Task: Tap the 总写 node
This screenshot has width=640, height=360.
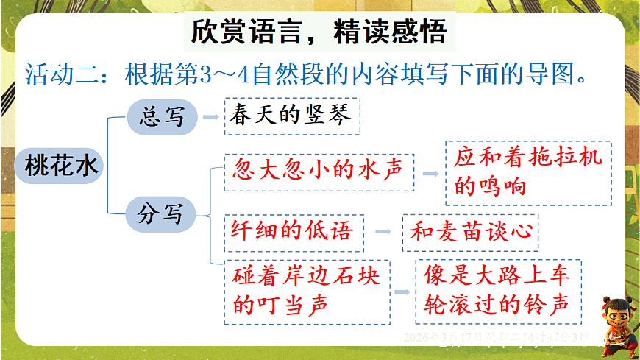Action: tap(162, 116)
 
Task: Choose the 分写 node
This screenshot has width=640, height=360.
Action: tap(161, 214)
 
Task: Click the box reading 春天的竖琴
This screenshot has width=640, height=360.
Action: tap(293, 116)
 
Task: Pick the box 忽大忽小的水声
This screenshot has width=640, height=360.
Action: tap(319, 172)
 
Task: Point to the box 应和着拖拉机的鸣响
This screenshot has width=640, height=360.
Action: tap(528, 172)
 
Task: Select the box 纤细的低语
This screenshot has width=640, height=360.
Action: tap(293, 231)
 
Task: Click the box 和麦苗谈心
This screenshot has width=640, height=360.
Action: tap(471, 232)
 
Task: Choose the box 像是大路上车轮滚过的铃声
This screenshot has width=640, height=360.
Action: tap(498, 292)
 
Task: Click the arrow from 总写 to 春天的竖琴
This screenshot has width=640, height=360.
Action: tap(210, 116)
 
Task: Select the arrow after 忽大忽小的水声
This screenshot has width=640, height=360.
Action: tap(430, 174)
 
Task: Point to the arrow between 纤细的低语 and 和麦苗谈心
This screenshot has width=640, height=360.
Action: tap(383, 232)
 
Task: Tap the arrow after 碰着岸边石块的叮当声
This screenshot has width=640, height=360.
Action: tap(402, 292)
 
